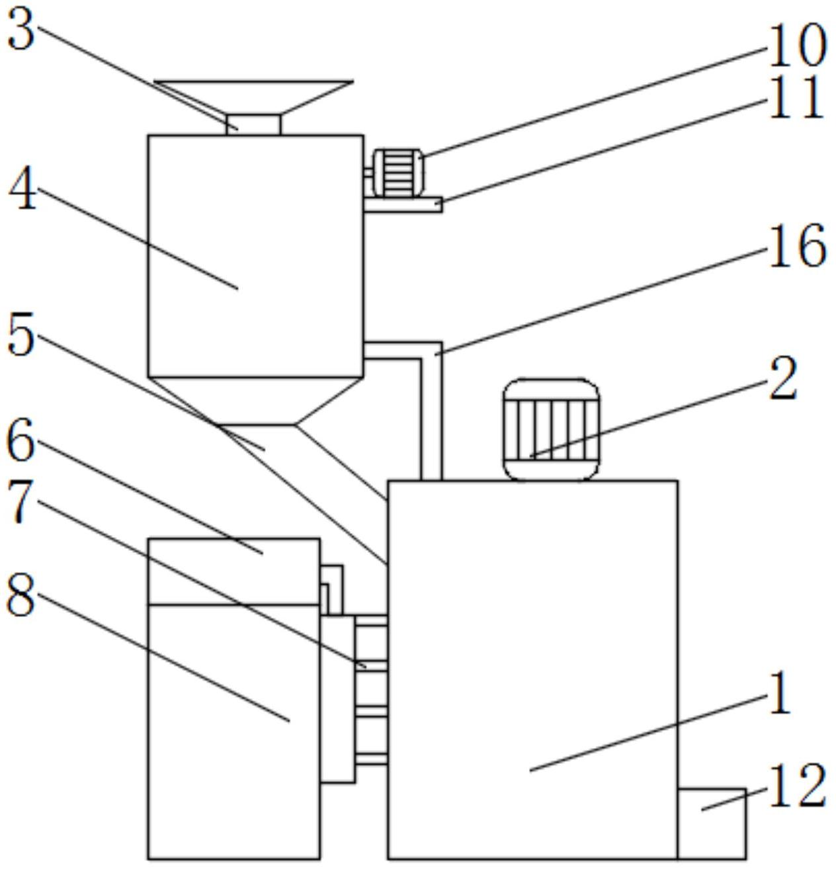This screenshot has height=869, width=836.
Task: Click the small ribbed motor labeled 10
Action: [398, 173]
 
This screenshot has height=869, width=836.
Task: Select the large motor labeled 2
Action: [551, 430]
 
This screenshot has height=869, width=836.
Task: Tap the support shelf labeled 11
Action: [403, 204]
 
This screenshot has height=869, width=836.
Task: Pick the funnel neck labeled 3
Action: [254, 125]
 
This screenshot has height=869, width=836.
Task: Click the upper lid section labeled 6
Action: [234, 572]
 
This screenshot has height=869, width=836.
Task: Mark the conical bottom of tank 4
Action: [255, 401]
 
